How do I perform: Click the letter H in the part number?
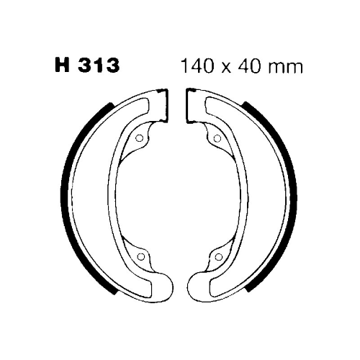pos(63,66)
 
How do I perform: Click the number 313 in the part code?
pos(99,66)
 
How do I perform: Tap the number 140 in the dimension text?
pos(197,66)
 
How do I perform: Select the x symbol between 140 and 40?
pos(226,68)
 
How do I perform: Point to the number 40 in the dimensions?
pos(249,66)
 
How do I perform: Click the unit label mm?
pos(285,68)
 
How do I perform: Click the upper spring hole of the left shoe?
pos(140,138)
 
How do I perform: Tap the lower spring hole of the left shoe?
pos(141,257)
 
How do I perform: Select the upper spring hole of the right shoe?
pos(217,138)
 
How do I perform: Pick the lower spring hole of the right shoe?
pos(218,257)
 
